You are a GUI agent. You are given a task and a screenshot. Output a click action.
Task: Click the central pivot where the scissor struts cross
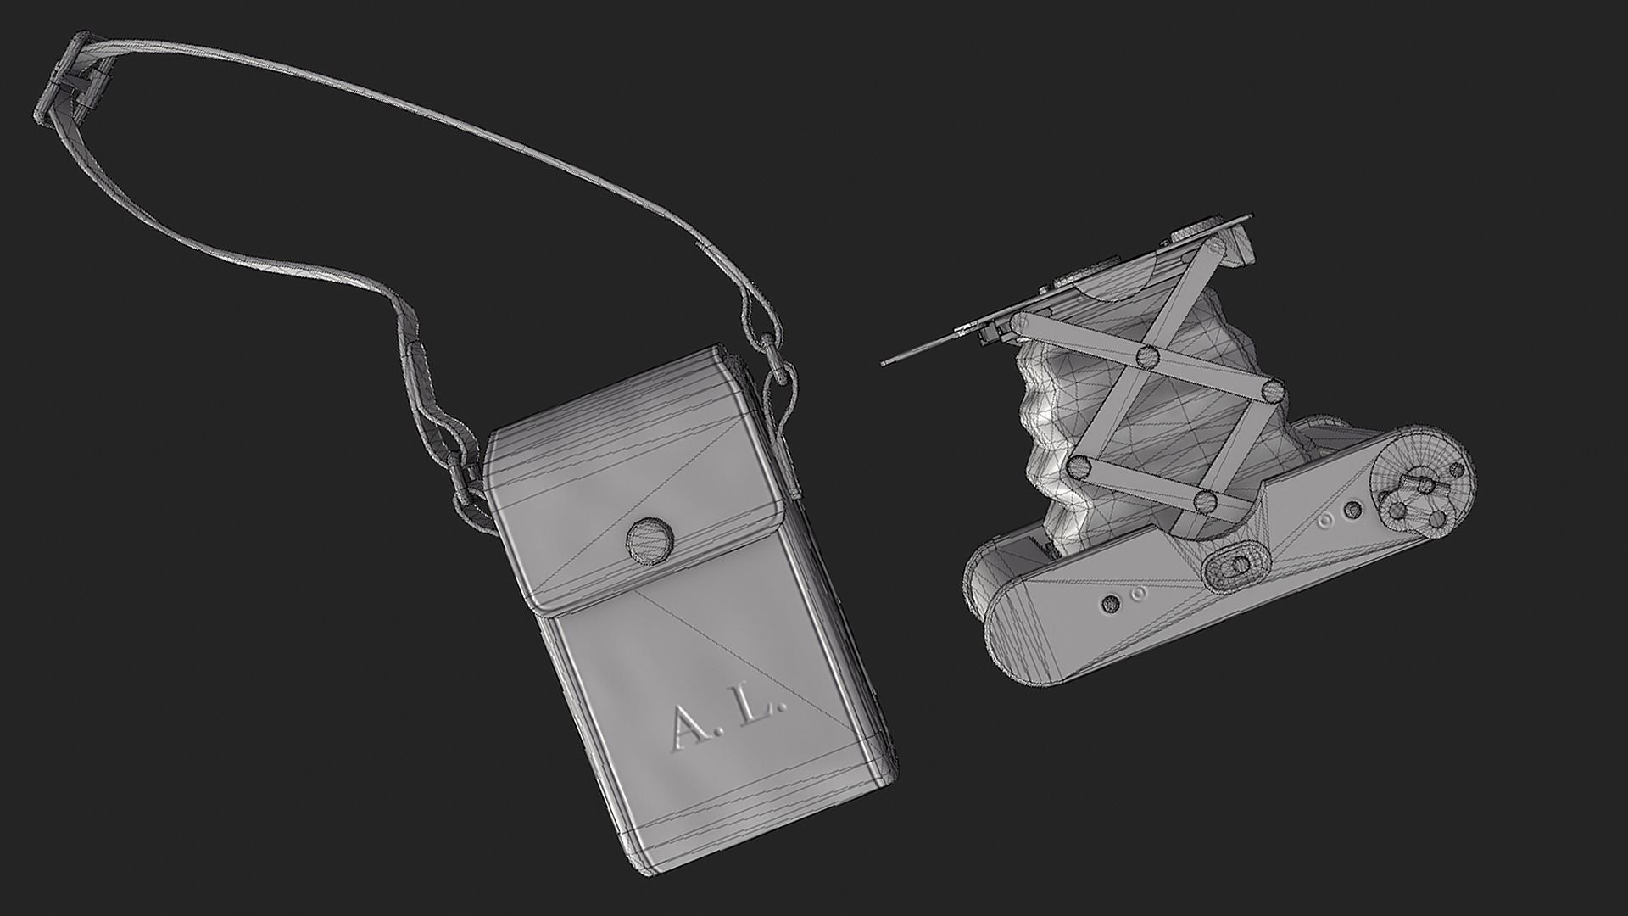pos(1149,356)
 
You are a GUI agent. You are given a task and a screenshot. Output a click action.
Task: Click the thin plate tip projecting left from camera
pos(890,360)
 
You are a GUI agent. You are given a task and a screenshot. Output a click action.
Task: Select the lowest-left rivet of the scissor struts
pos(1079,466)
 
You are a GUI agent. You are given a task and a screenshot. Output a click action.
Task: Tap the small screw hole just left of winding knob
pos(1353,509)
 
